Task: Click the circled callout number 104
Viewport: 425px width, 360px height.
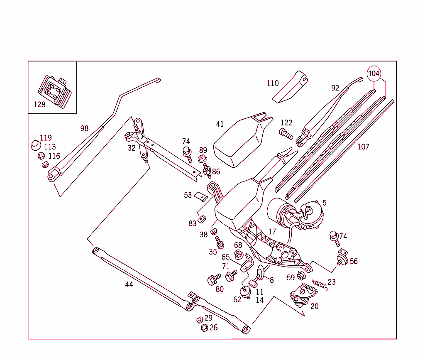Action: (374, 73)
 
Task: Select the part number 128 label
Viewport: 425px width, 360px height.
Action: (39, 105)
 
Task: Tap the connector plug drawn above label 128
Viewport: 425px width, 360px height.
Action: (55, 90)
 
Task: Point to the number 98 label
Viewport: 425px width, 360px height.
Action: (84, 128)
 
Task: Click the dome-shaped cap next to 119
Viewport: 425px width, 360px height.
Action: (36, 145)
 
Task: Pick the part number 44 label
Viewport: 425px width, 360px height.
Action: (129, 284)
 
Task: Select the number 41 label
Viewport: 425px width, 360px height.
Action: (220, 124)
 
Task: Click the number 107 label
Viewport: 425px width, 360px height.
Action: (363, 147)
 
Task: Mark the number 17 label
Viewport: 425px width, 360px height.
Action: (272, 232)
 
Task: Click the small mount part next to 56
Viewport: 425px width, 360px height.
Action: (342, 257)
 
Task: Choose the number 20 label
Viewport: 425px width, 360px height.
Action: (315, 306)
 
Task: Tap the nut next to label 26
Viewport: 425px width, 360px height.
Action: (204, 328)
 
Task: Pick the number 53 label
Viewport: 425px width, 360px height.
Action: (188, 195)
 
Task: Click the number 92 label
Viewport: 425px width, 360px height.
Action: (335, 88)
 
